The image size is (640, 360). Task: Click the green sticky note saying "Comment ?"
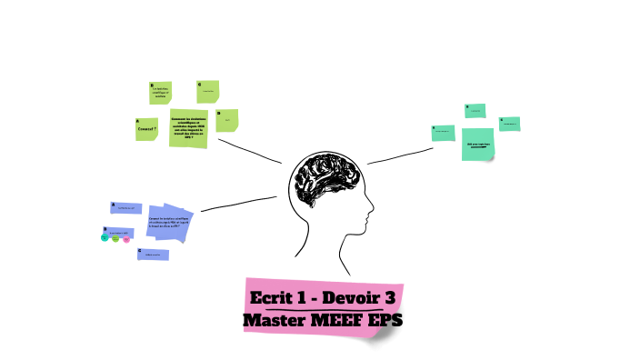[146, 128]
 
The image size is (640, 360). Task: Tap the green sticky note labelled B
[161, 92]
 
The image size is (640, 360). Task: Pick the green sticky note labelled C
[208, 91]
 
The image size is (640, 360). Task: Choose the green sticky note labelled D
[227, 120]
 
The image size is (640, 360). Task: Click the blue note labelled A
[126, 208]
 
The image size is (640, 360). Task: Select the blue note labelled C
[153, 255]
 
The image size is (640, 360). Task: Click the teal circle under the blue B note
[105, 239]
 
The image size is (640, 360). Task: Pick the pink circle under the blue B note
[126, 239]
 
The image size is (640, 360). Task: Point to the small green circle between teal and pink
[115, 239]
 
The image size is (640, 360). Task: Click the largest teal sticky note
[478, 145]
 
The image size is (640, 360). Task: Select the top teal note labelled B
[475, 111]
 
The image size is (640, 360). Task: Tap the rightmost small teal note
[509, 124]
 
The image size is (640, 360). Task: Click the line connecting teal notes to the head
[400, 155]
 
